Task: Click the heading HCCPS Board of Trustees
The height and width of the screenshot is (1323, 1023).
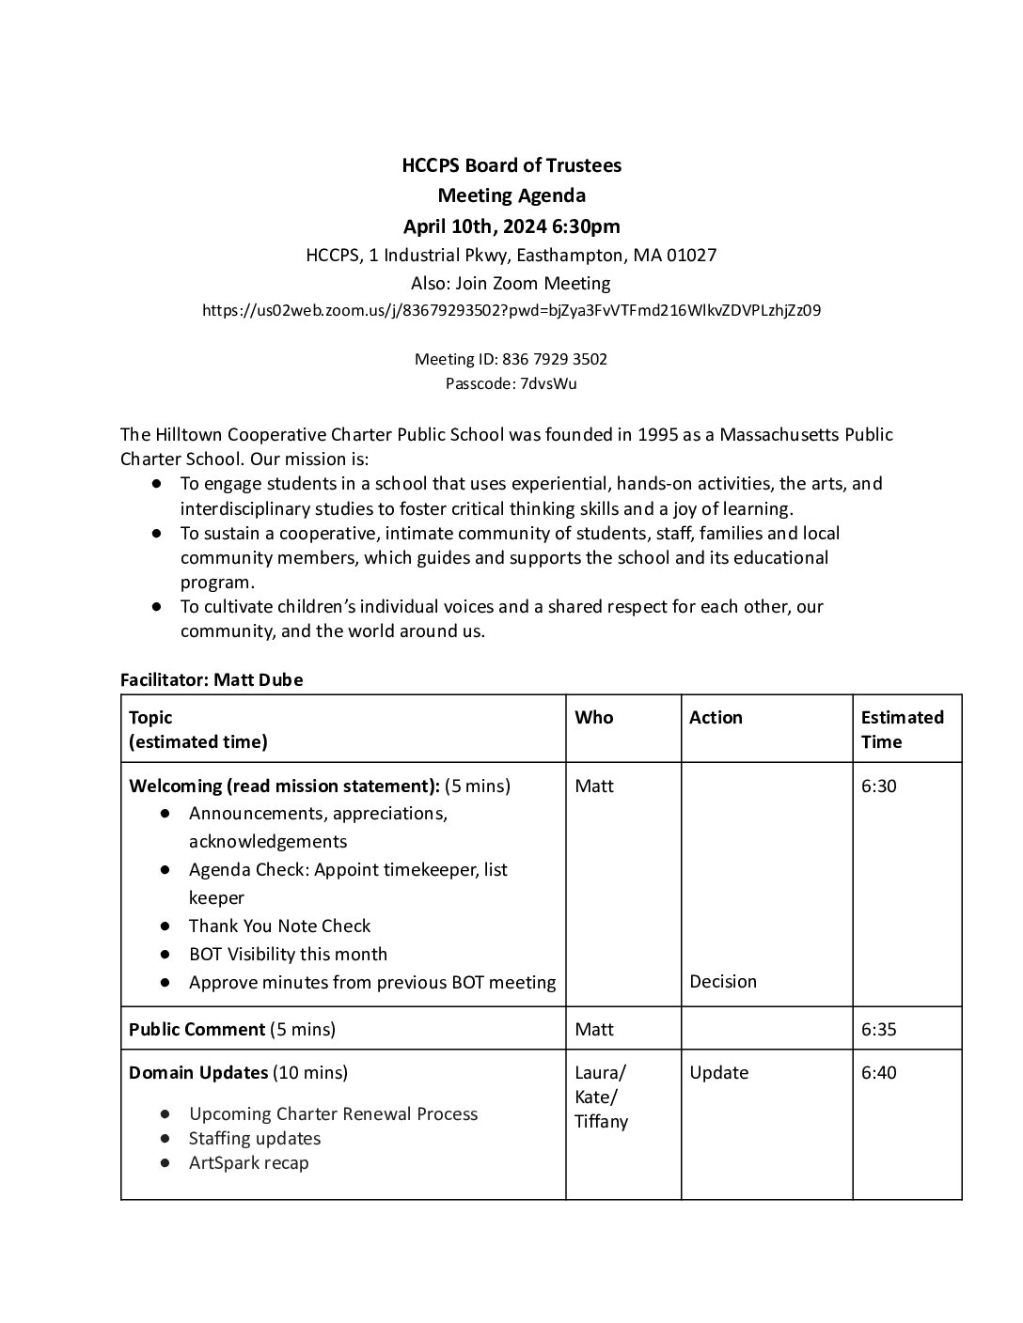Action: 511,165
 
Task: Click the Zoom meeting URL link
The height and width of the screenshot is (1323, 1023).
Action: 511,310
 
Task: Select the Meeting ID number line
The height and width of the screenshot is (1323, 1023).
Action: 511,359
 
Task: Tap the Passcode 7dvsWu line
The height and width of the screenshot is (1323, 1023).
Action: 511,383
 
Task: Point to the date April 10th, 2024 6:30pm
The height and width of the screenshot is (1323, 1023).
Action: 511,226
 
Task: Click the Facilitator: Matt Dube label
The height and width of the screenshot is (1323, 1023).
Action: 212,679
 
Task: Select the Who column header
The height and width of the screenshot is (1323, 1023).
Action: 593,718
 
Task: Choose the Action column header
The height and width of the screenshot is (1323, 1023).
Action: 716,718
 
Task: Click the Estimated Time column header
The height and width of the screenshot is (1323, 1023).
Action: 902,729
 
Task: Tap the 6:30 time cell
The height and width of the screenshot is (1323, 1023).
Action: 878,786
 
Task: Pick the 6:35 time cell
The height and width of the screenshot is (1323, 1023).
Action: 878,1029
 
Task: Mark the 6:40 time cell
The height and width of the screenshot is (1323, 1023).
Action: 878,1072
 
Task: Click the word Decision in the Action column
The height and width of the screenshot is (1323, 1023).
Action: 722,981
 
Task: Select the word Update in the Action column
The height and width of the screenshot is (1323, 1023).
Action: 718,1072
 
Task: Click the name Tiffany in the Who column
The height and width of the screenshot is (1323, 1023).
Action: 601,1121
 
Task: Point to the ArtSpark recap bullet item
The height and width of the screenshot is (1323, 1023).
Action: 248,1162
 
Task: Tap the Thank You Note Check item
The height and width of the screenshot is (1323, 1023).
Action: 279,926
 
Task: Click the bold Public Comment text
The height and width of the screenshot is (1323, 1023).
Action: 197,1029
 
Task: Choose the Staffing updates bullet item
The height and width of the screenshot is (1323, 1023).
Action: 254,1138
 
